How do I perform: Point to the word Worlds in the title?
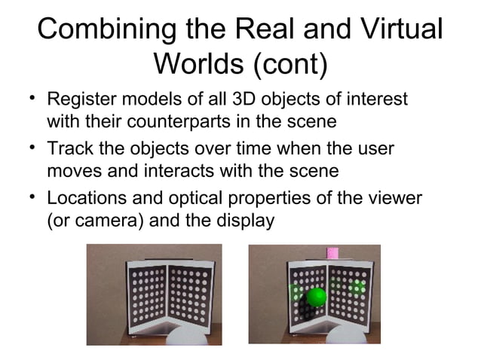198,65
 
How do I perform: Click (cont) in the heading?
290,65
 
